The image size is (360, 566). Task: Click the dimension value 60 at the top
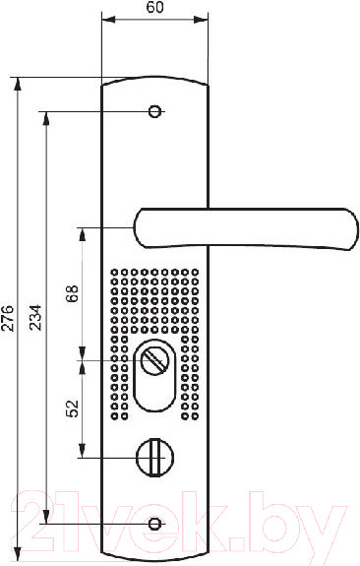click(154, 8)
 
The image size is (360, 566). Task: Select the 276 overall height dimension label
click(8, 318)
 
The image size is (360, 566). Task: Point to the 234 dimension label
click(35, 318)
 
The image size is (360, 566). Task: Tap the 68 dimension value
click(72, 294)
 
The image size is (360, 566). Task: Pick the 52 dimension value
click(72, 409)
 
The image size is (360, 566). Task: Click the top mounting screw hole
click(155, 111)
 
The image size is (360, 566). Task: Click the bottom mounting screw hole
click(155, 523)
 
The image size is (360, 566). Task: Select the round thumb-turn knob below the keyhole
click(155, 458)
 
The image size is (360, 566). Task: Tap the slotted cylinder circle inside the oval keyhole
click(155, 361)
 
